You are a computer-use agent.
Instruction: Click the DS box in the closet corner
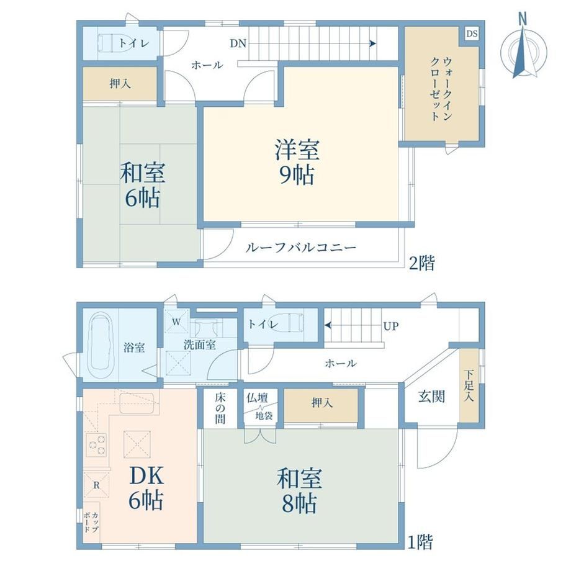(x=472, y=34)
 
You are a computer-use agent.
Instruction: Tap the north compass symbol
(x=524, y=50)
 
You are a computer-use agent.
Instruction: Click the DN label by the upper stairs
(x=238, y=43)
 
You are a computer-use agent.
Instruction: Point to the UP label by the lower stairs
(x=390, y=326)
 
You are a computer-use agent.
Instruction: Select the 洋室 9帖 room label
(x=297, y=162)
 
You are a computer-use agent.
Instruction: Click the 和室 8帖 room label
(x=299, y=490)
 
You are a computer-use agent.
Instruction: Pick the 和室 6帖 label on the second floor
(x=142, y=184)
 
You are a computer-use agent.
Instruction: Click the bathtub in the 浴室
(x=100, y=346)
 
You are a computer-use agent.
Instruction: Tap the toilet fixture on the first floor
(x=293, y=323)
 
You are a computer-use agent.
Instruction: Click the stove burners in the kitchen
(x=97, y=445)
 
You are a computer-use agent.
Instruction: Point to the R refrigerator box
(x=96, y=485)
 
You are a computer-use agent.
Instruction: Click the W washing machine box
(x=176, y=321)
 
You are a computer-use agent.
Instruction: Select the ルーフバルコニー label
(x=301, y=248)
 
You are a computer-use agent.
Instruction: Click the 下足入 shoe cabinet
(x=469, y=385)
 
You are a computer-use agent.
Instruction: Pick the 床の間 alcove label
(x=220, y=408)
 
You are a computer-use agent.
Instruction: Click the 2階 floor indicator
(x=421, y=263)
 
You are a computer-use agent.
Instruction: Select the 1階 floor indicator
(x=420, y=542)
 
